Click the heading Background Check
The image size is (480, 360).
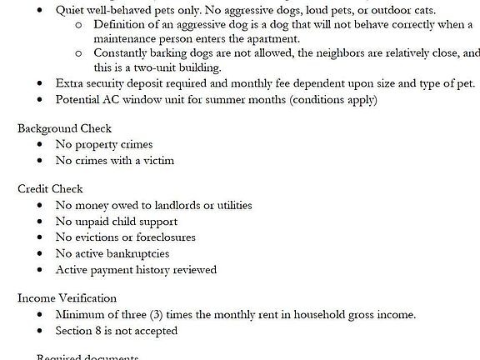click(64, 128)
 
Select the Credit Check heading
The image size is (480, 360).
click(50, 189)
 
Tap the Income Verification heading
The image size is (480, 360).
click(67, 298)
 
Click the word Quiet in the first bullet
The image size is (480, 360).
click(71, 10)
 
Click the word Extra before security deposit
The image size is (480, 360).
click(70, 83)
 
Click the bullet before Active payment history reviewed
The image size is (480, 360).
click(40, 270)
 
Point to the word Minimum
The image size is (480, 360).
click(82, 314)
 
